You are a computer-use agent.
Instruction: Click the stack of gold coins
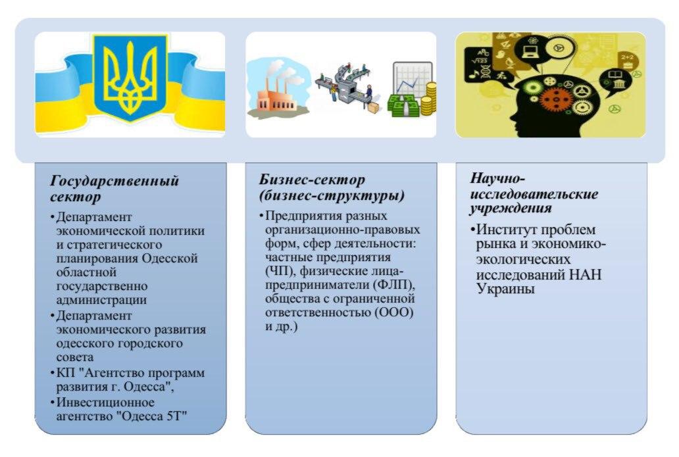(428, 99)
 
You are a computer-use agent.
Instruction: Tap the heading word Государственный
(114, 180)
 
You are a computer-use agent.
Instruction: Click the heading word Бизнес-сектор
(312, 179)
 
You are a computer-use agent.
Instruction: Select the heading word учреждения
(511, 208)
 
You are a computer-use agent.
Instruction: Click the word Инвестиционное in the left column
(105, 402)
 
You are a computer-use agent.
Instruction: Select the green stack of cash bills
(403, 106)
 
